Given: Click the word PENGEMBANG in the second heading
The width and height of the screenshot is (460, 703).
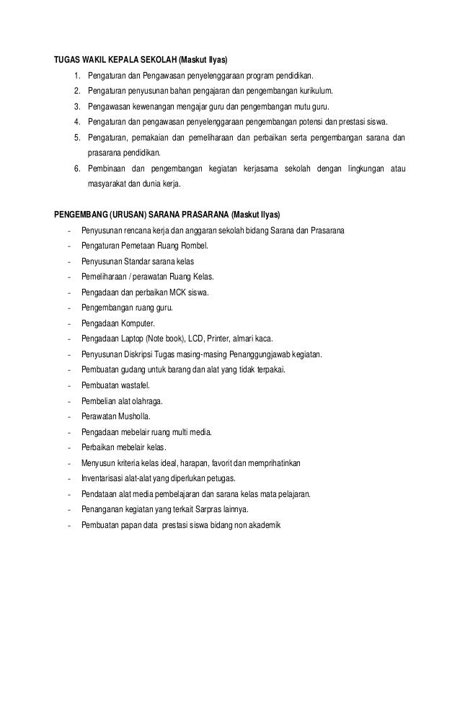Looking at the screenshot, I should click(x=81, y=215).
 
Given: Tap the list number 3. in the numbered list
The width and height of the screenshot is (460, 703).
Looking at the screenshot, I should click(x=76, y=107).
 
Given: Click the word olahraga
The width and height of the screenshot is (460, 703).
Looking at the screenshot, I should click(x=144, y=401).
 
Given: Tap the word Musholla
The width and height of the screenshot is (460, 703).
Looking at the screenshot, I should click(x=135, y=416).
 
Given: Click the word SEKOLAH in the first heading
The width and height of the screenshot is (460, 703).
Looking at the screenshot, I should click(x=158, y=60).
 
